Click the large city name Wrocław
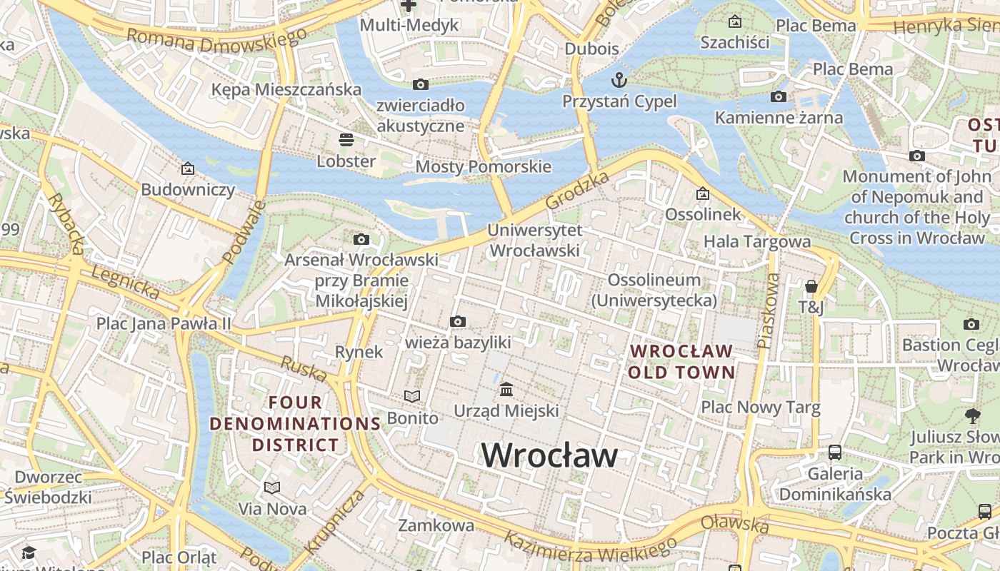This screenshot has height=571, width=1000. pyautogui.click(x=549, y=455)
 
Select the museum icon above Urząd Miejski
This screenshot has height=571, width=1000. pyautogui.click(x=506, y=389)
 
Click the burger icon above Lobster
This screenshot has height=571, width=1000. pyautogui.click(x=346, y=139)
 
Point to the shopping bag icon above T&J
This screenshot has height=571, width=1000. pyautogui.click(x=811, y=286)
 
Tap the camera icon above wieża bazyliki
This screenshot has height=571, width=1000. pyautogui.click(x=458, y=321)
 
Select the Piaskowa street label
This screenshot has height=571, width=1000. pyautogui.click(x=769, y=311)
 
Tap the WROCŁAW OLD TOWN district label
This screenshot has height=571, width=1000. pyautogui.click(x=681, y=361)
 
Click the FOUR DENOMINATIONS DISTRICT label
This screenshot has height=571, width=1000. pyautogui.click(x=295, y=423)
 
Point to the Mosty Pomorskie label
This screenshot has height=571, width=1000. pyautogui.click(x=483, y=167)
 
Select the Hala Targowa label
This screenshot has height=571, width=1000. pyautogui.click(x=757, y=242)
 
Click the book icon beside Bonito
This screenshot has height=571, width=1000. pyautogui.click(x=412, y=396)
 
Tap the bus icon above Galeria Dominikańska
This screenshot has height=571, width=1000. pyautogui.click(x=834, y=452)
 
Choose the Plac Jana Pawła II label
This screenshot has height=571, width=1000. pyautogui.click(x=164, y=323)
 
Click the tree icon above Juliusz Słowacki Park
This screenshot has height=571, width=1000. pyautogui.click(x=972, y=415)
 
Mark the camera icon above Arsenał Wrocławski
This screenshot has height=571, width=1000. pyautogui.click(x=361, y=239)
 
